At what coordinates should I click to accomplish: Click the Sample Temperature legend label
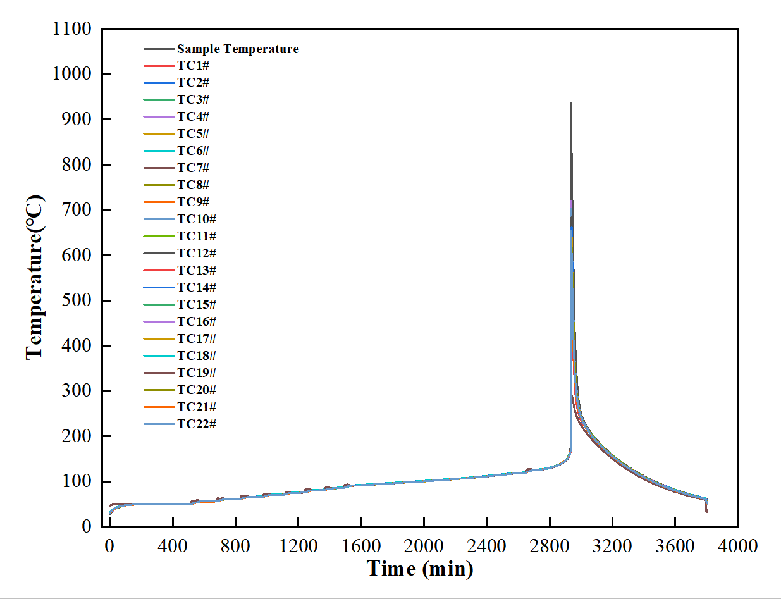(238, 49)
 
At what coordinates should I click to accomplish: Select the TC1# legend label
(193, 66)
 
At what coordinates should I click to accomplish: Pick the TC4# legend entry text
(193, 117)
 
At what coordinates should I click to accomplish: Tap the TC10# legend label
(196, 219)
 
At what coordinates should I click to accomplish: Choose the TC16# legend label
(196, 321)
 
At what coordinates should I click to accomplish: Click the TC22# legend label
(196, 424)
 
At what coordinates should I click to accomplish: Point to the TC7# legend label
(193, 168)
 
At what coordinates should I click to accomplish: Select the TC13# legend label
(196, 270)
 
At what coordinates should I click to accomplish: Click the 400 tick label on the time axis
(173, 545)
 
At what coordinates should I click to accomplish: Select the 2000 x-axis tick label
(424, 545)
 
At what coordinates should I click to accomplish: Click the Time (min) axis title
(420, 569)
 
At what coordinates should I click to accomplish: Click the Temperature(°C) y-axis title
(35, 278)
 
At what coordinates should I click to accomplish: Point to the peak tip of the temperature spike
(571, 102)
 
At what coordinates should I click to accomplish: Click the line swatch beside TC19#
(157, 373)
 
